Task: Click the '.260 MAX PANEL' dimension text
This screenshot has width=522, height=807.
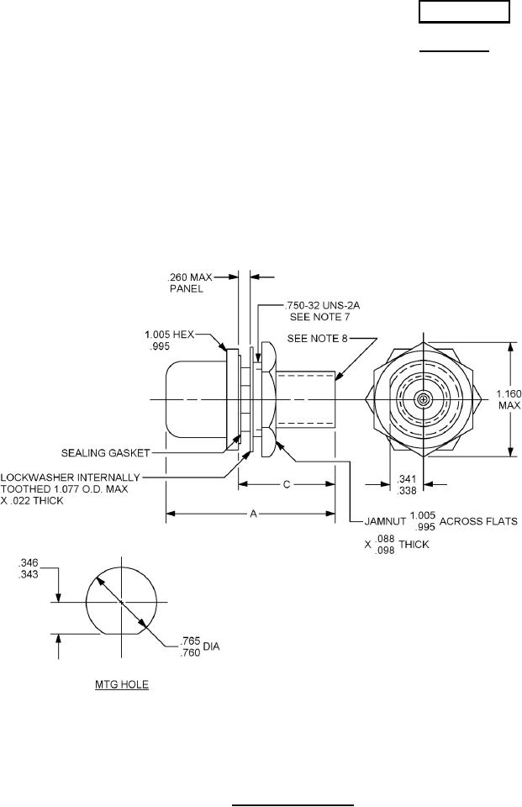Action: point(191,283)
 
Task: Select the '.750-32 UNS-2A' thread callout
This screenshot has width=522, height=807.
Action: point(322,305)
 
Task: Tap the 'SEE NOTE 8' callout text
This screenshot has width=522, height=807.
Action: point(314,338)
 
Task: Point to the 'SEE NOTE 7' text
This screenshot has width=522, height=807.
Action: point(319,317)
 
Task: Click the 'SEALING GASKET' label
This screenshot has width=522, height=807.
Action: point(106,453)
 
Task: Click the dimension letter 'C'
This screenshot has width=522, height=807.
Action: point(287,484)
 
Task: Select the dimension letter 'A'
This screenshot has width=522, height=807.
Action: point(253,514)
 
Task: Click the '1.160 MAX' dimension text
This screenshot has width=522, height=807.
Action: point(509,399)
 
